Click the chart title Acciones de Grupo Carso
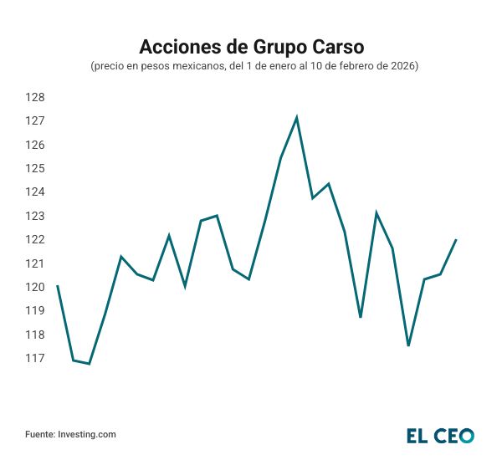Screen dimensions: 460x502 click(x=251, y=45)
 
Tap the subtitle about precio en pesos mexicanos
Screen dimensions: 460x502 click(x=251, y=65)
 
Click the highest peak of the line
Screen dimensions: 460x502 click(x=296, y=117)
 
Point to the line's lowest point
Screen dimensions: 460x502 click(x=89, y=364)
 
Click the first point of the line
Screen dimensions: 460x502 click(x=57, y=286)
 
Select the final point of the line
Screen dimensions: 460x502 click(x=456, y=240)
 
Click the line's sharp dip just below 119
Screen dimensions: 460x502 click(x=361, y=317)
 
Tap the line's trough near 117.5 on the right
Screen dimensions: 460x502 click(x=408, y=345)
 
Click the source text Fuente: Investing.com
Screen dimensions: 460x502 click(x=70, y=435)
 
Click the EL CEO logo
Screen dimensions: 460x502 click(x=440, y=435)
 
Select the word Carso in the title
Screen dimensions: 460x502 click(x=334, y=45)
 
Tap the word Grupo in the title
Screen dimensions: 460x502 click(x=272, y=45)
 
